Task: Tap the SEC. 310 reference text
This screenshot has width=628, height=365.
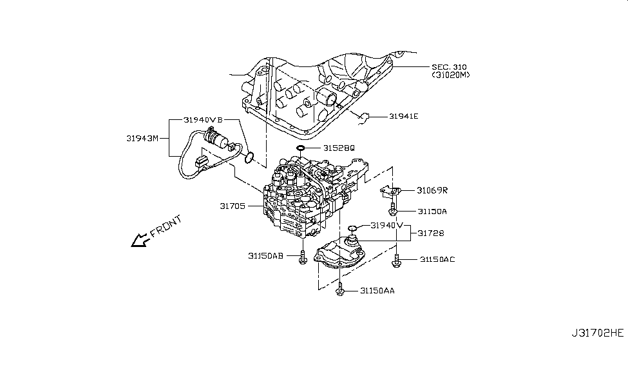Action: pyautogui.click(x=449, y=66)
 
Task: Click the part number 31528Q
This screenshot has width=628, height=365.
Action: pyautogui.click(x=339, y=148)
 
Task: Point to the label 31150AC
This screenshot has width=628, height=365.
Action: pyautogui.click(x=438, y=259)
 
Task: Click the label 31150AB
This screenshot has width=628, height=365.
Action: pyautogui.click(x=265, y=255)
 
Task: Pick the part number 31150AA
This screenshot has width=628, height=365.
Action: pyautogui.click(x=377, y=291)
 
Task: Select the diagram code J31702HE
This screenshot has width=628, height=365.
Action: pyautogui.click(x=597, y=351)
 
